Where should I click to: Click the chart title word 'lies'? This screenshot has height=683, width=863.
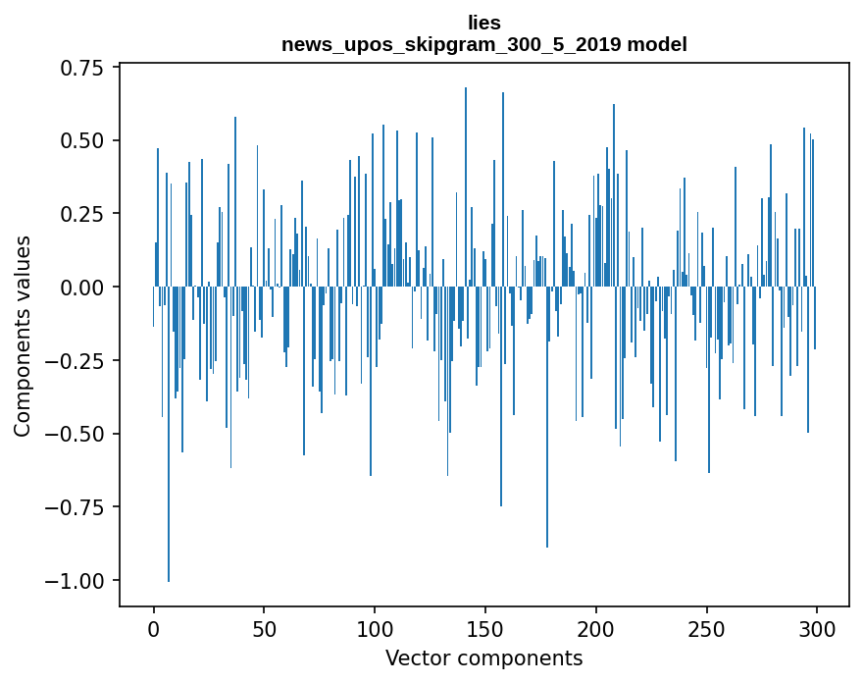pyautogui.click(x=484, y=23)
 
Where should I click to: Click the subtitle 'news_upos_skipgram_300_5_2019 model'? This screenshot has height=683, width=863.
pyautogui.click(x=484, y=44)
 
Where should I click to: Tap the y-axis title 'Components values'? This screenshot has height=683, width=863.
pyautogui.click(x=23, y=336)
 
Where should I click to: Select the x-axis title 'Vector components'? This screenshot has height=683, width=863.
pyautogui.click(x=484, y=657)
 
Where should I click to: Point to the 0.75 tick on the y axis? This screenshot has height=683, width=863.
pyautogui.click(x=82, y=67)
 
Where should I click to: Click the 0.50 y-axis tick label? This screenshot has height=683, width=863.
pyautogui.click(x=82, y=140)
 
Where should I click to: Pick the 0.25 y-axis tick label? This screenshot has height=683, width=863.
pyautogui.click(x=82, y=214)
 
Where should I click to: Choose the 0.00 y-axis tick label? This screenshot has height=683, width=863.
pyautogui.click(x=82, y=287)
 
